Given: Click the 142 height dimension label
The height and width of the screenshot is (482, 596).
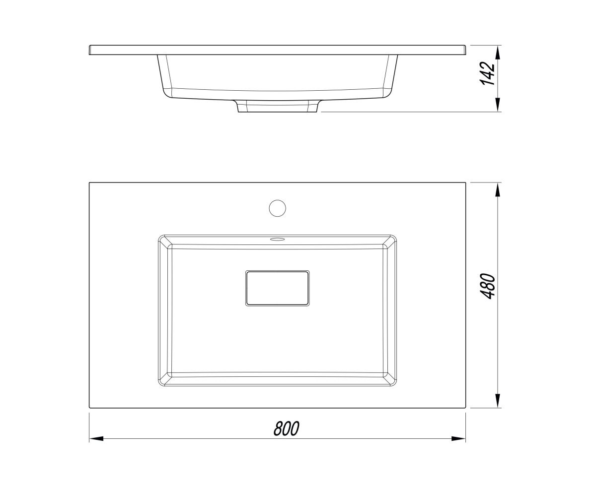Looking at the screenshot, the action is (x=487, y=73).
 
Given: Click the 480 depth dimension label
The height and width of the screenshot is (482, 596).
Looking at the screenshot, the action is (x=487, y=286).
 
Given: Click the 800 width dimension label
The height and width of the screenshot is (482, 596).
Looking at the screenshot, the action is (x=286, y=428).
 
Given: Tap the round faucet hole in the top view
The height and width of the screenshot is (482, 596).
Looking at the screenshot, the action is (x=277, y=208).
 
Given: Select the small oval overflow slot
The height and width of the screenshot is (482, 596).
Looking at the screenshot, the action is (x=277, y=239).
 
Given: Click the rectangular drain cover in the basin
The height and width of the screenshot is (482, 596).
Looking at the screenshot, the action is (x=277, y=288).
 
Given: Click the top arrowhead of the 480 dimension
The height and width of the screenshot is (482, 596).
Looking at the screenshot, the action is (x=498, y=190).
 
